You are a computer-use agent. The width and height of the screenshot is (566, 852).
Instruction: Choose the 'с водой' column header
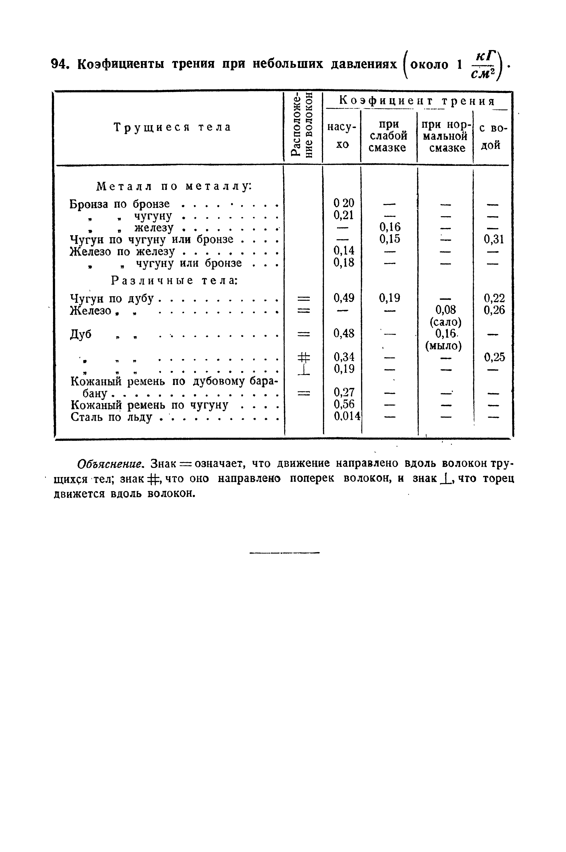[492, 136]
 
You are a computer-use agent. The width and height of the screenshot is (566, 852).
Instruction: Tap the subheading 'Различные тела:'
[173, 280]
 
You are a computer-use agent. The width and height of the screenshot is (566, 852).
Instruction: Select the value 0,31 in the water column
[494, 239]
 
